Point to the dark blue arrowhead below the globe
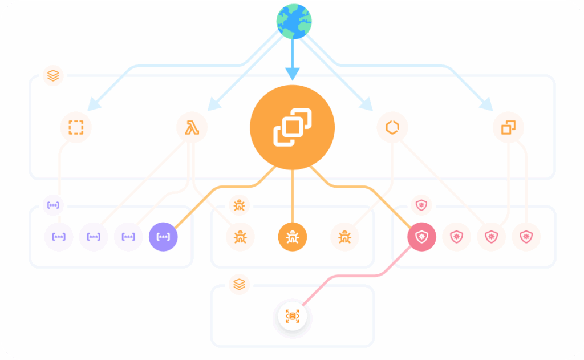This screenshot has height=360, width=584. [293, 74]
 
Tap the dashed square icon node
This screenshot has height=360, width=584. [76, 127]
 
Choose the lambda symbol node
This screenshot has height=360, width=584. [192, 127]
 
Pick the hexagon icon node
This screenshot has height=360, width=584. [392, 127]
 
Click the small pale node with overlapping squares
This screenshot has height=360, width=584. [508, 127]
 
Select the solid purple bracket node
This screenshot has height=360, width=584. [163, 236]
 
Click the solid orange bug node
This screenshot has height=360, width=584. [293, 236]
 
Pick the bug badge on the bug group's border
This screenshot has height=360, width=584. [239, 205]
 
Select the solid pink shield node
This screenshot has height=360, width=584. [421, 237]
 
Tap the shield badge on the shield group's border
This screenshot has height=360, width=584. [421, 205]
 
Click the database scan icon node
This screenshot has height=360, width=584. [293, 315]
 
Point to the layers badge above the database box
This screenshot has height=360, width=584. [239, 284]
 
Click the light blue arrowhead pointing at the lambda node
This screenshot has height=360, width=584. [214, 104]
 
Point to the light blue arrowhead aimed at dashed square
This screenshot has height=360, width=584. [94, 104]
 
